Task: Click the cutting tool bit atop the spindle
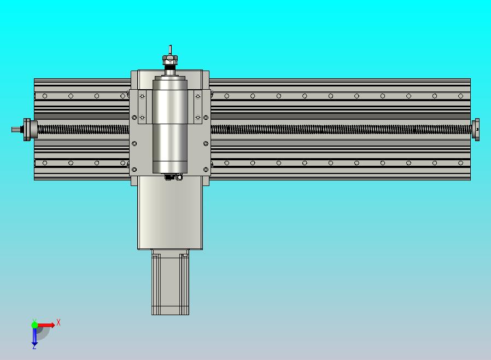coord(170,49)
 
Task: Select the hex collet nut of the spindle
coord(170,59)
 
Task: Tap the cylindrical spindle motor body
coord(169,126)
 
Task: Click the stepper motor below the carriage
coord(170,284)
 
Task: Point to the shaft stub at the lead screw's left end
coord(16,130)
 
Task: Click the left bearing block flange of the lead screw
coord(27,130)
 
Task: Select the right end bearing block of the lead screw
coord(476,130)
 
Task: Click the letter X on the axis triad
coord(59,322)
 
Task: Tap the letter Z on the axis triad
coord(34,346)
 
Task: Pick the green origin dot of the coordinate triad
coord(34,325)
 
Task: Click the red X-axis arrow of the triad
coord(47,325)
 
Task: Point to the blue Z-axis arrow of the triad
coord(34,336)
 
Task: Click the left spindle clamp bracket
coord(143,107)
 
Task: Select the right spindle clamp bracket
coord(198,107)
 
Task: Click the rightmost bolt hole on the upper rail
coord(461,96)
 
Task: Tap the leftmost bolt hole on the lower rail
coord(45,162)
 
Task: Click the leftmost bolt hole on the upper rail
coord(45,96)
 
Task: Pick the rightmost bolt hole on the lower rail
coord(461,162)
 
